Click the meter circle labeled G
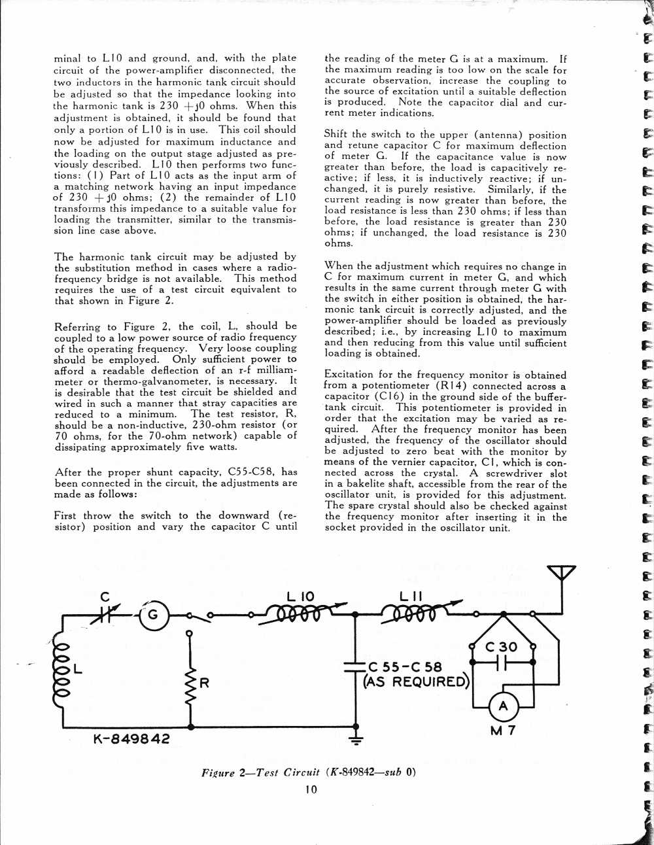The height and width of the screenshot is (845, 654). [153, 615]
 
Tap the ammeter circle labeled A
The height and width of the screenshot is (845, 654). [503, 706]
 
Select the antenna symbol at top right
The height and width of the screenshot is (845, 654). [562, 574]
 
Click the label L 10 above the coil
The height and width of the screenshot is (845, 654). [301, 596]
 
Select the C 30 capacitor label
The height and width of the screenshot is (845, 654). [502, 647]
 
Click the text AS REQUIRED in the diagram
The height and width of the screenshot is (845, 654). [417, 682]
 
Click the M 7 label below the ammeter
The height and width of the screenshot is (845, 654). [503, 731]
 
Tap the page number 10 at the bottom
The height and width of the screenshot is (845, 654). [311, 789]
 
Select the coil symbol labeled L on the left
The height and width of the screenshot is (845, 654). [62, 668]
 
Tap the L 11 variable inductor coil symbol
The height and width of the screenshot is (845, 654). [413, 613]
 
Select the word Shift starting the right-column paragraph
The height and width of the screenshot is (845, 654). [336, 134]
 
